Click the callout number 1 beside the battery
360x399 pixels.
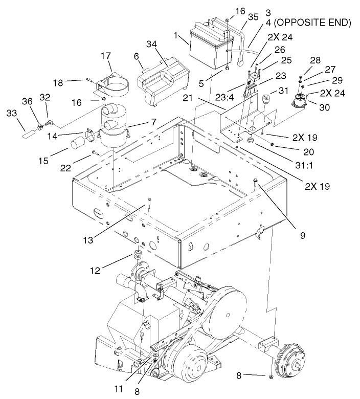click(x=175, y=36)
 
